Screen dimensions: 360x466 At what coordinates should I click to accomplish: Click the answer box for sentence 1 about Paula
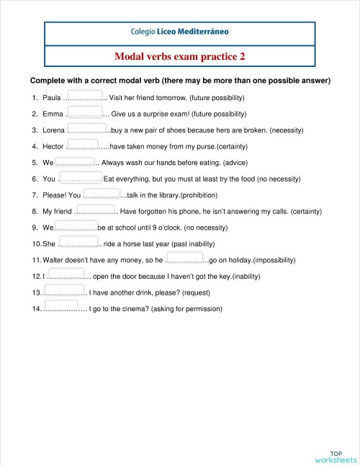tap(83, 94)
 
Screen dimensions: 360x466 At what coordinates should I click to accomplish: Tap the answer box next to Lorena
tap(87, 127)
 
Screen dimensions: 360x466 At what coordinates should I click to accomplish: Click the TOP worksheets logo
tap(336, 456)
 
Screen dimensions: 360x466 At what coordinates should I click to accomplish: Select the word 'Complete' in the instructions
tap(48, 81)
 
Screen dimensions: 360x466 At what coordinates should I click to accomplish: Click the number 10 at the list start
tap(37, 244)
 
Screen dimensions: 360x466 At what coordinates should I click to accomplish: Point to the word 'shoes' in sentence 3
tap(186, 130)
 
